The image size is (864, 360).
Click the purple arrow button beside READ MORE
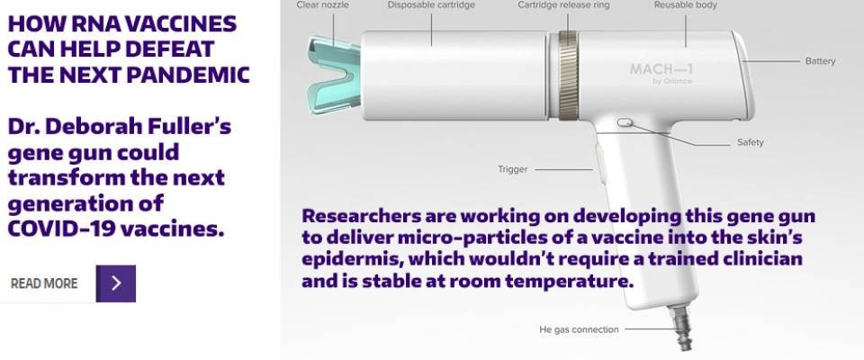116,283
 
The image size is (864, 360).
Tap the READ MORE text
44,283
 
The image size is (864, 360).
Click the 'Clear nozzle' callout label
322,5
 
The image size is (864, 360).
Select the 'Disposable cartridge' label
431,5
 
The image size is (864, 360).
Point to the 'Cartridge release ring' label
563,5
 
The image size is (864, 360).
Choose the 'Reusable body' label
686,5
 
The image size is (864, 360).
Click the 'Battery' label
821,61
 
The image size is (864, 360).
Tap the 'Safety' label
751,142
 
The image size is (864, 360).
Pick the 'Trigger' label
512,169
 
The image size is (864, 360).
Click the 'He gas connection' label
579,329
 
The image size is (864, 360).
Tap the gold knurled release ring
568,76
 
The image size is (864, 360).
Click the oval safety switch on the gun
625,123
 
